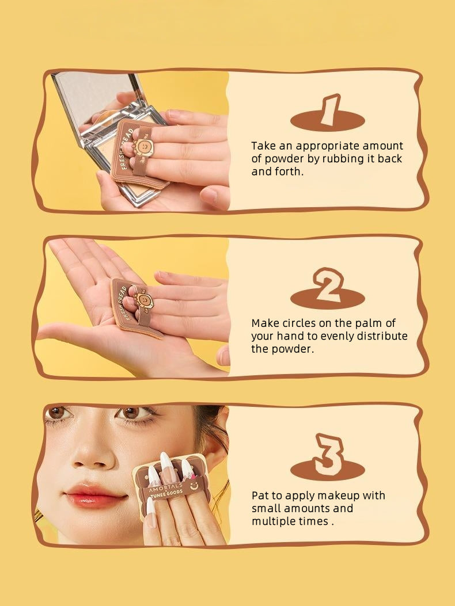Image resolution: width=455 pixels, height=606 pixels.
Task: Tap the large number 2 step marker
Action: [x=328, y=286]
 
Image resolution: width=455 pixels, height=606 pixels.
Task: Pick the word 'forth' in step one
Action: [x=288, y=171]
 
